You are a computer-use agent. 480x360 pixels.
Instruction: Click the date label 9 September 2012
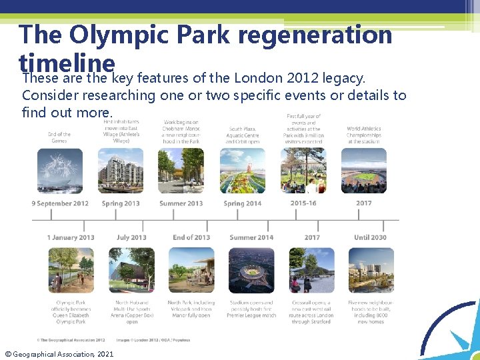tap(60, 203)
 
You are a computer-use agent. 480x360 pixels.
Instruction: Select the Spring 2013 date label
tap(121, 203)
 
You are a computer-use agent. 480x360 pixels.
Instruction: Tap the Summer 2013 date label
tap(181, 203)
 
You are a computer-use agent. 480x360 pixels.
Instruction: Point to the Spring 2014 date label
tap(243, 203)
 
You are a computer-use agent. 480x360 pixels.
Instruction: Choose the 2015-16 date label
tap(303, 203)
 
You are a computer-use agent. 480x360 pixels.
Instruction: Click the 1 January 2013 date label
tap(71, 237)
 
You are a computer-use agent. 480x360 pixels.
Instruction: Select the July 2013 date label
tap(131, 237)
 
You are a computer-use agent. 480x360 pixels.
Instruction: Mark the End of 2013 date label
tap(191, 237)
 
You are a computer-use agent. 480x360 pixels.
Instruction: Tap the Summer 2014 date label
tap(251, 237)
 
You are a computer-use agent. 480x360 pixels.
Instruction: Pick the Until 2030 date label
tap(370, 237)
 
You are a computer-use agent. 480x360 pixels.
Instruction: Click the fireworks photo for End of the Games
tap(60, 171)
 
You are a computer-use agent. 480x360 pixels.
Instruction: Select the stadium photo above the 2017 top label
tap(364, 171)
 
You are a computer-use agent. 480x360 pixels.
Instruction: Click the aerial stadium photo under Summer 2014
tap(251, 270)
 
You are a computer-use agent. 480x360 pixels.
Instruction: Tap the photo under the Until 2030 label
tap(371, 270)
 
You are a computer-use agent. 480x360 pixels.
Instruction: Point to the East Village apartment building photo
tap(121, 171)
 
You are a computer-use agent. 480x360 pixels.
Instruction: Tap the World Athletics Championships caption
tap(364, 135)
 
